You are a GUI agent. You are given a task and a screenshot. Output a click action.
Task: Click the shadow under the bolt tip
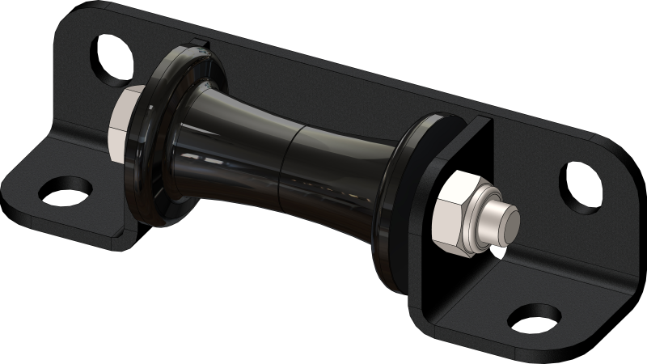[505, 251]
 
